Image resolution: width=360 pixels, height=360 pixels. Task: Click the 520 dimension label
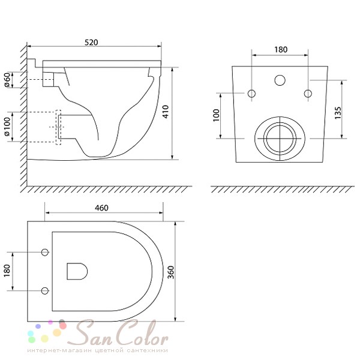pyautogui.click(x=91, y=43)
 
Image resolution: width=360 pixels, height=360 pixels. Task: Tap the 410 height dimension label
pyautogui.click(x=166, y=112)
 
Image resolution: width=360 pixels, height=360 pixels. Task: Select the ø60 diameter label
pyautogui.click(x=8, y=80)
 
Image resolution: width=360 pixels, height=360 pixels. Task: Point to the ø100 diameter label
pyautogui.click(x=7, y=127)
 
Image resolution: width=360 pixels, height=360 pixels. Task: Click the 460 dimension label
pyautogui.click(x=101, y=208)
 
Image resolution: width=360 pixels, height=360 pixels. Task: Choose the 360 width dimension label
pyautogui.click(x=170, y=272)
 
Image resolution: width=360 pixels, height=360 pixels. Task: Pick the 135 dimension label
pyautogui.click(x=338, y=113)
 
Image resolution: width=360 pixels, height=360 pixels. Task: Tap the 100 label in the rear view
pyautogui.click(x=216, y=115)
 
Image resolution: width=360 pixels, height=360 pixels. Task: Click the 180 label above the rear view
pyautogui.click(x=281, y=50)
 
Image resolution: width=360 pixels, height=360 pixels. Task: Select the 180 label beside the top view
pyautogui.click(x=7, y=271)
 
